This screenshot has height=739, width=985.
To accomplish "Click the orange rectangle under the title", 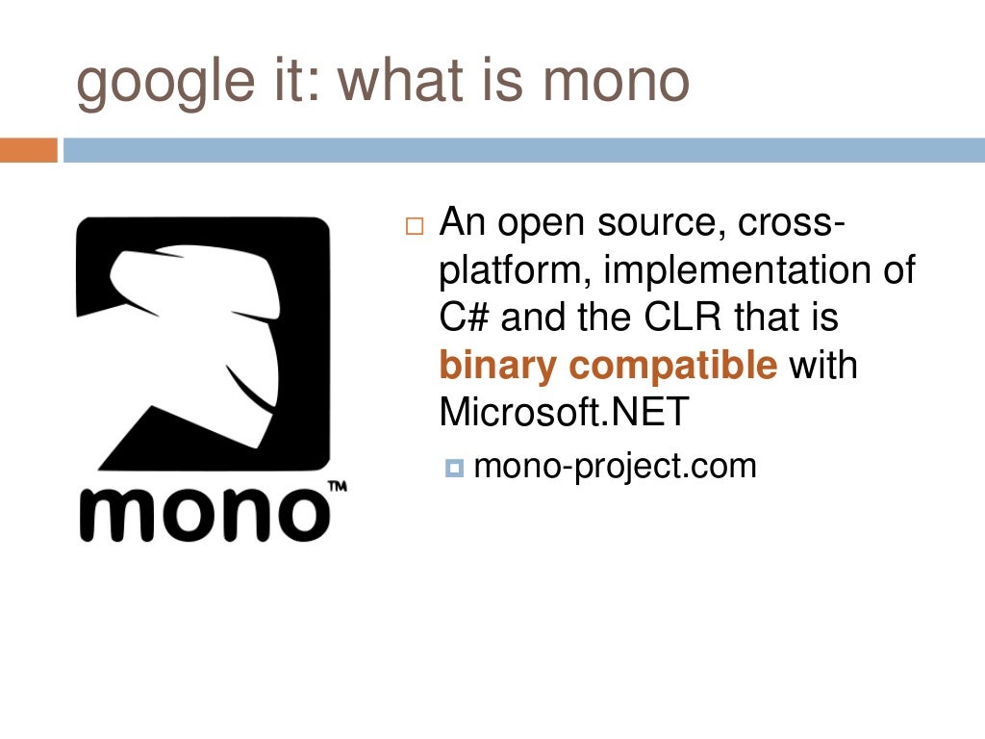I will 29,150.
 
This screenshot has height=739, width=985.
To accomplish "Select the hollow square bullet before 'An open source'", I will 414,229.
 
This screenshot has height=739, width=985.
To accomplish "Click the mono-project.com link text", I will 616,467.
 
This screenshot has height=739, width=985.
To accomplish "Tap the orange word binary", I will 498,367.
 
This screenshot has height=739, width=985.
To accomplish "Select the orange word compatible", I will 673,366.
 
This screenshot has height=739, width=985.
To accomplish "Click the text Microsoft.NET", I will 565,413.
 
